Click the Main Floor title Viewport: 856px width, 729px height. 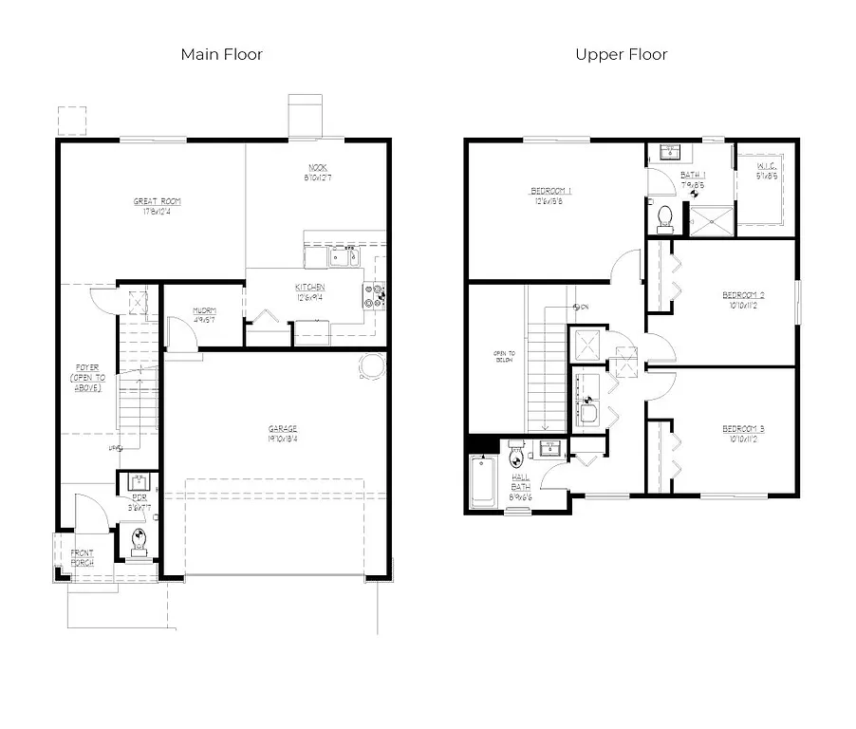221,54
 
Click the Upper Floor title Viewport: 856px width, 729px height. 621,54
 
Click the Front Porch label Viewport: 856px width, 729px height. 82,557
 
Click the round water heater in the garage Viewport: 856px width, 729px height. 372,364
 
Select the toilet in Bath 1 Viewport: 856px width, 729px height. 665,215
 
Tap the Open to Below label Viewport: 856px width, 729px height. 503,357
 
